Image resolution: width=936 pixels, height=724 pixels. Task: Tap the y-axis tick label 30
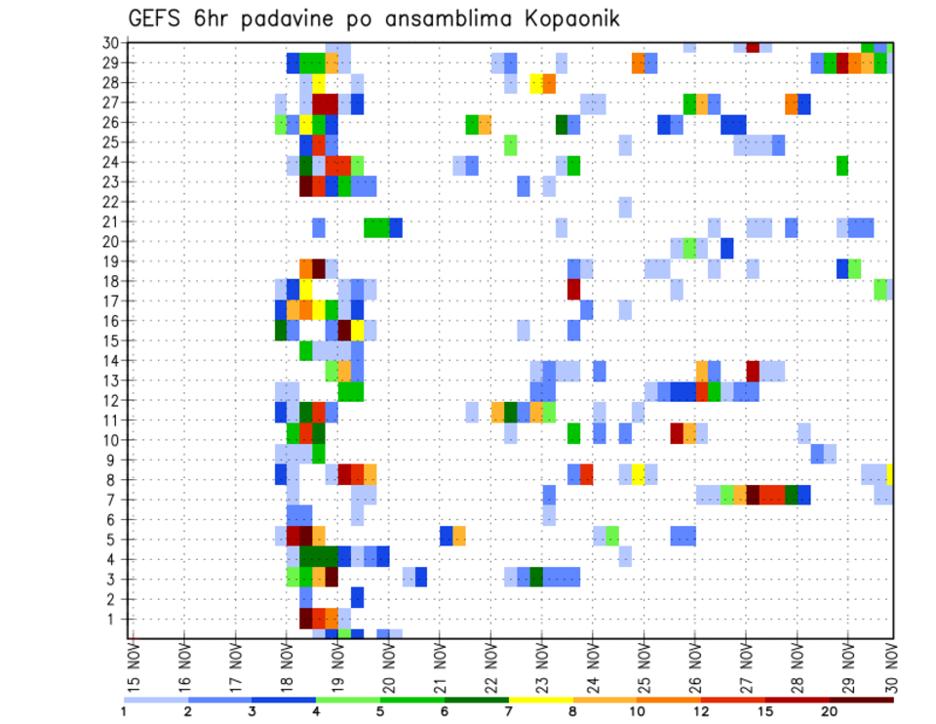[x=110, y=43]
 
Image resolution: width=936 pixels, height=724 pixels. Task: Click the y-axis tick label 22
[x=110, y=202]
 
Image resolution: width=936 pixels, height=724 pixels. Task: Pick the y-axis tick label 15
[x=110, y=341]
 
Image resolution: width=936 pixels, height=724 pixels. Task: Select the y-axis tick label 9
[x=114, y=460]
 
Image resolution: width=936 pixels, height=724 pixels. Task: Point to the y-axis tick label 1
[x=114, y=619]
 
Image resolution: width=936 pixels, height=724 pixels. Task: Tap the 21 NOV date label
[x=440, y=669]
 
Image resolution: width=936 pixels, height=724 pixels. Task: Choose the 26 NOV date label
[x=694, y=669]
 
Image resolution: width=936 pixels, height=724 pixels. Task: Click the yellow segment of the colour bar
[x=540, y=700]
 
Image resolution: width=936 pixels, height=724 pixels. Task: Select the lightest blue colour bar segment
[x=156, y=700]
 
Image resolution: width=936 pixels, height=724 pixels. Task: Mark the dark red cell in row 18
[x=573, y=289]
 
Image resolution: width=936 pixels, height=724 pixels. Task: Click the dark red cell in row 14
[x=753, y=370]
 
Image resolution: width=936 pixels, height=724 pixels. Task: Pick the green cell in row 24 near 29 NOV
[x=841, y=165]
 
